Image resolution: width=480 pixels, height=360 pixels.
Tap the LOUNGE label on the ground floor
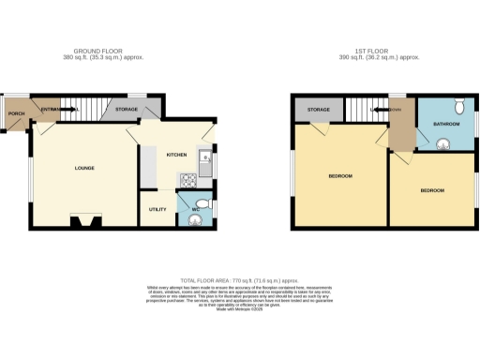click(x=83, y=169)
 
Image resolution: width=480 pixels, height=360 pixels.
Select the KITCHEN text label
click(x=176, y=155)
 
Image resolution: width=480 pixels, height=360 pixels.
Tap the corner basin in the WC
click(x=195, y=221)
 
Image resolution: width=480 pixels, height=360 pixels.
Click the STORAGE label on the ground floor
click(x=126, y=111)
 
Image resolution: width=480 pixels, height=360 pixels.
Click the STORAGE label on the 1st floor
click(x=319, y=111)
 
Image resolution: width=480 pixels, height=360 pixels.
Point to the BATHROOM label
click(x=445, y=123)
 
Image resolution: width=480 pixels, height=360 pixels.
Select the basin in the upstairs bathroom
click(x=442, y=142)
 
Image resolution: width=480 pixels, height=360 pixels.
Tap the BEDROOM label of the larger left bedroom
click(x=339, y=176)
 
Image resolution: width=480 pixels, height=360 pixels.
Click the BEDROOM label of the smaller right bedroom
click(x=431, y=191)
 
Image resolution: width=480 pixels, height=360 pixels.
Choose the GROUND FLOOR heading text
click(x=99, y=51)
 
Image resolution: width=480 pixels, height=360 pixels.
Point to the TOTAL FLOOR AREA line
click(x=240, y=280)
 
